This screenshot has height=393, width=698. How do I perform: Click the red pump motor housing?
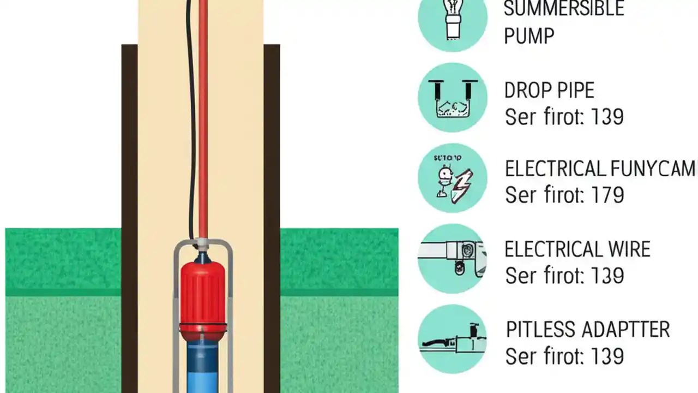tap(203, 295)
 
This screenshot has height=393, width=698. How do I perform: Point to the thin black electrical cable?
tap(190, 136)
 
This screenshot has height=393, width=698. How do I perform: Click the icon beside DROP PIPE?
tap(453, 98)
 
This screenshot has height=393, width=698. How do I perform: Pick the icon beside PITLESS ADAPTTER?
tap(453, 340)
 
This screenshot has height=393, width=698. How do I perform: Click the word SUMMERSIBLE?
tap(563, 9)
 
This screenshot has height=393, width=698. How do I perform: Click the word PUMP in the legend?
tap(529, 36)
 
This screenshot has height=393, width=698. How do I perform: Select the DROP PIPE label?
tap(549, 91)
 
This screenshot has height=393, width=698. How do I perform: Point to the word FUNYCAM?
tap(654, 169)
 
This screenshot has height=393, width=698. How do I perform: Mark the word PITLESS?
tap(540, 330)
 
